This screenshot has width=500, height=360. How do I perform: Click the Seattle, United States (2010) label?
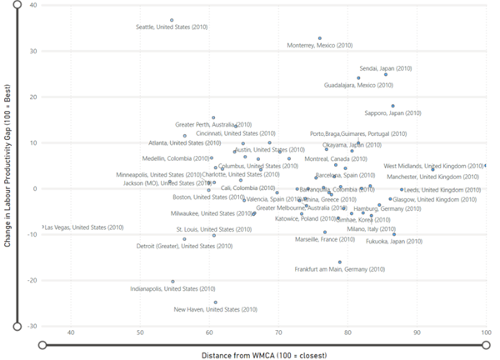click(x=172, y=27)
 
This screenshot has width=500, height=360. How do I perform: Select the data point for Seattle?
click(x=172, y=20)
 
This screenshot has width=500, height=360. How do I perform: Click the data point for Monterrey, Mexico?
click(x=320, y=38)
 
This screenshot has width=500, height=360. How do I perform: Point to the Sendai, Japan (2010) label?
click(x=386, y=67)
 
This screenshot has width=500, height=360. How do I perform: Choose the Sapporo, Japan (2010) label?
click(x=392, y=112)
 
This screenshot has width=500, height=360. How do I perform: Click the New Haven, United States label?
click(x=215, y=309)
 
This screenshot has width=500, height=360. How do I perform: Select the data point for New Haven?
click(x=215, y=302)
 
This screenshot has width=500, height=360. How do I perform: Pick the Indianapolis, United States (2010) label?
click(x=172, y=288)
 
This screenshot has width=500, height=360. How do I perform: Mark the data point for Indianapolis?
click(x=173, y=282)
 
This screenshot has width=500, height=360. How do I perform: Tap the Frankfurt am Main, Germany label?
click(x=339, y=269)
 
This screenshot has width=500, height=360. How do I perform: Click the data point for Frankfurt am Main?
click(x=339, y=262)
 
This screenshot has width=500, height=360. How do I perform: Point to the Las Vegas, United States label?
click(x=83, y=227)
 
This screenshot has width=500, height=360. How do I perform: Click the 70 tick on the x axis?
click(x=278, y=333)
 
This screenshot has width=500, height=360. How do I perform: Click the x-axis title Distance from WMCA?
click(x=263, y=354)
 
